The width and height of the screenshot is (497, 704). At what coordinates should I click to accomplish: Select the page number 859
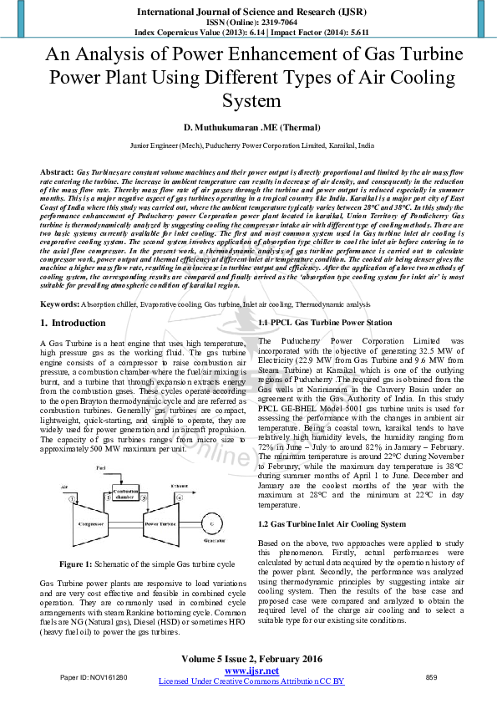(432, 677)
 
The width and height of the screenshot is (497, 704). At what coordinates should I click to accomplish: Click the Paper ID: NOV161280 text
(94, 677)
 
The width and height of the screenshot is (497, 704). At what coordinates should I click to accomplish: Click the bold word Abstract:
(57, 171)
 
